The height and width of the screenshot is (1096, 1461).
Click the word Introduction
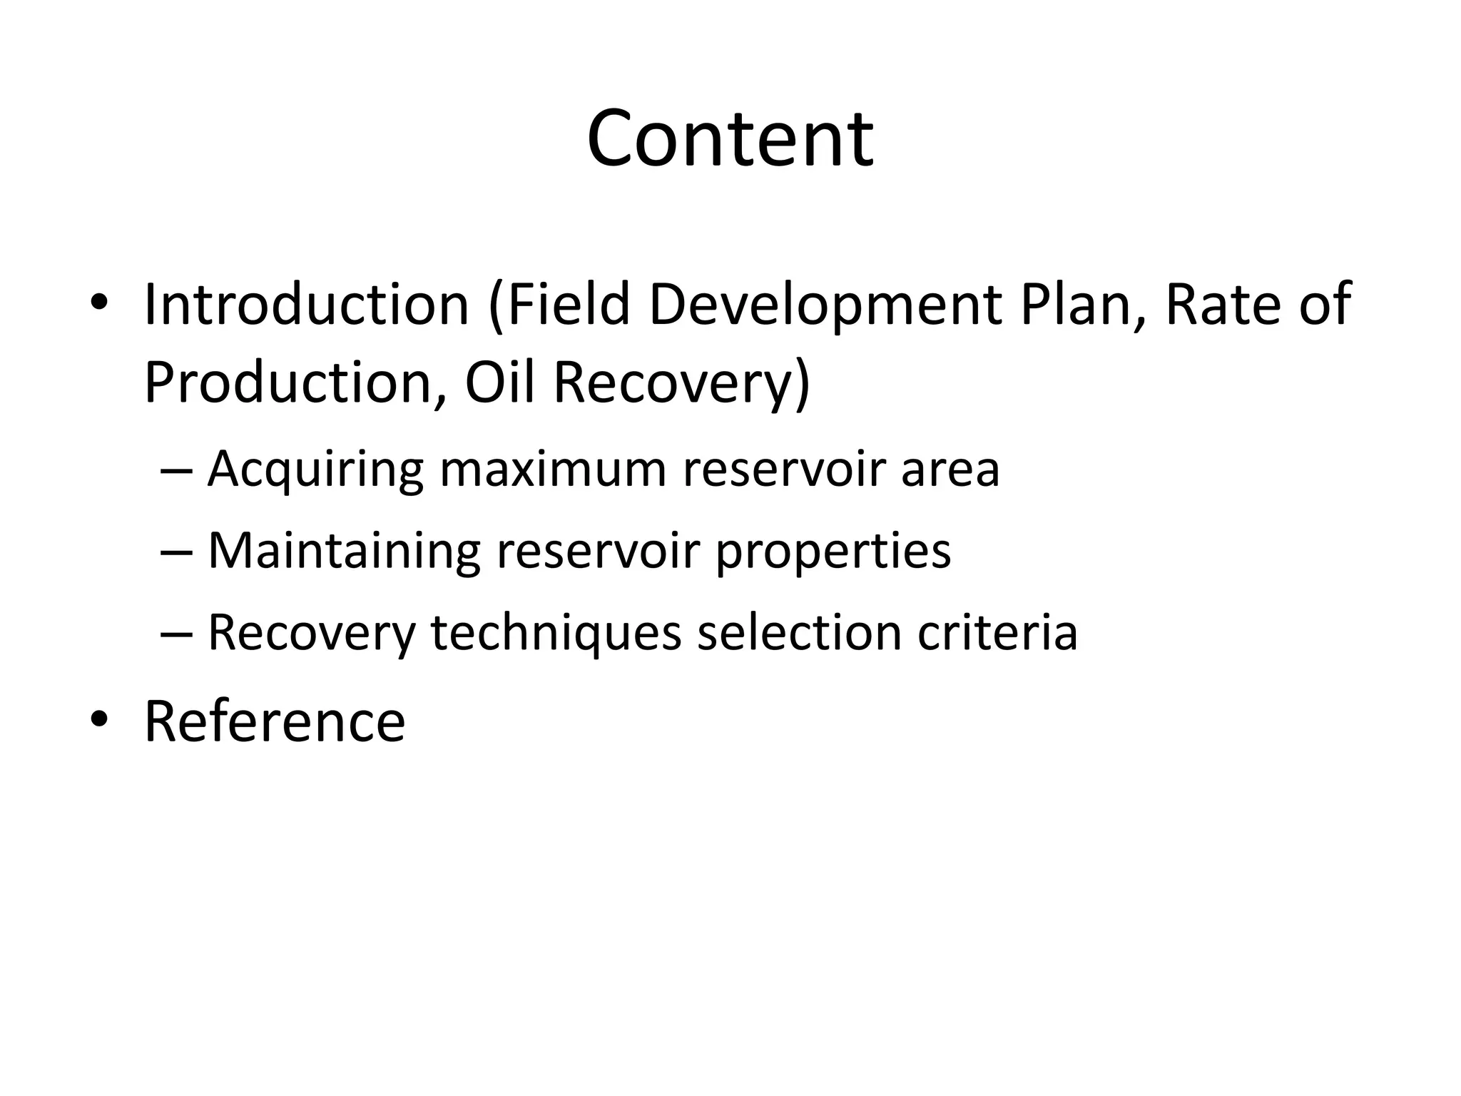pos(306,305)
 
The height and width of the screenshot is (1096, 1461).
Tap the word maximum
pos(552,470)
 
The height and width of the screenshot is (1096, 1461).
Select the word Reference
pos(275,721)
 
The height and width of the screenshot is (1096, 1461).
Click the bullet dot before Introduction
pos(99,306)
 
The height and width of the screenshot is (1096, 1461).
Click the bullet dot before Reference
pos(99,722)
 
